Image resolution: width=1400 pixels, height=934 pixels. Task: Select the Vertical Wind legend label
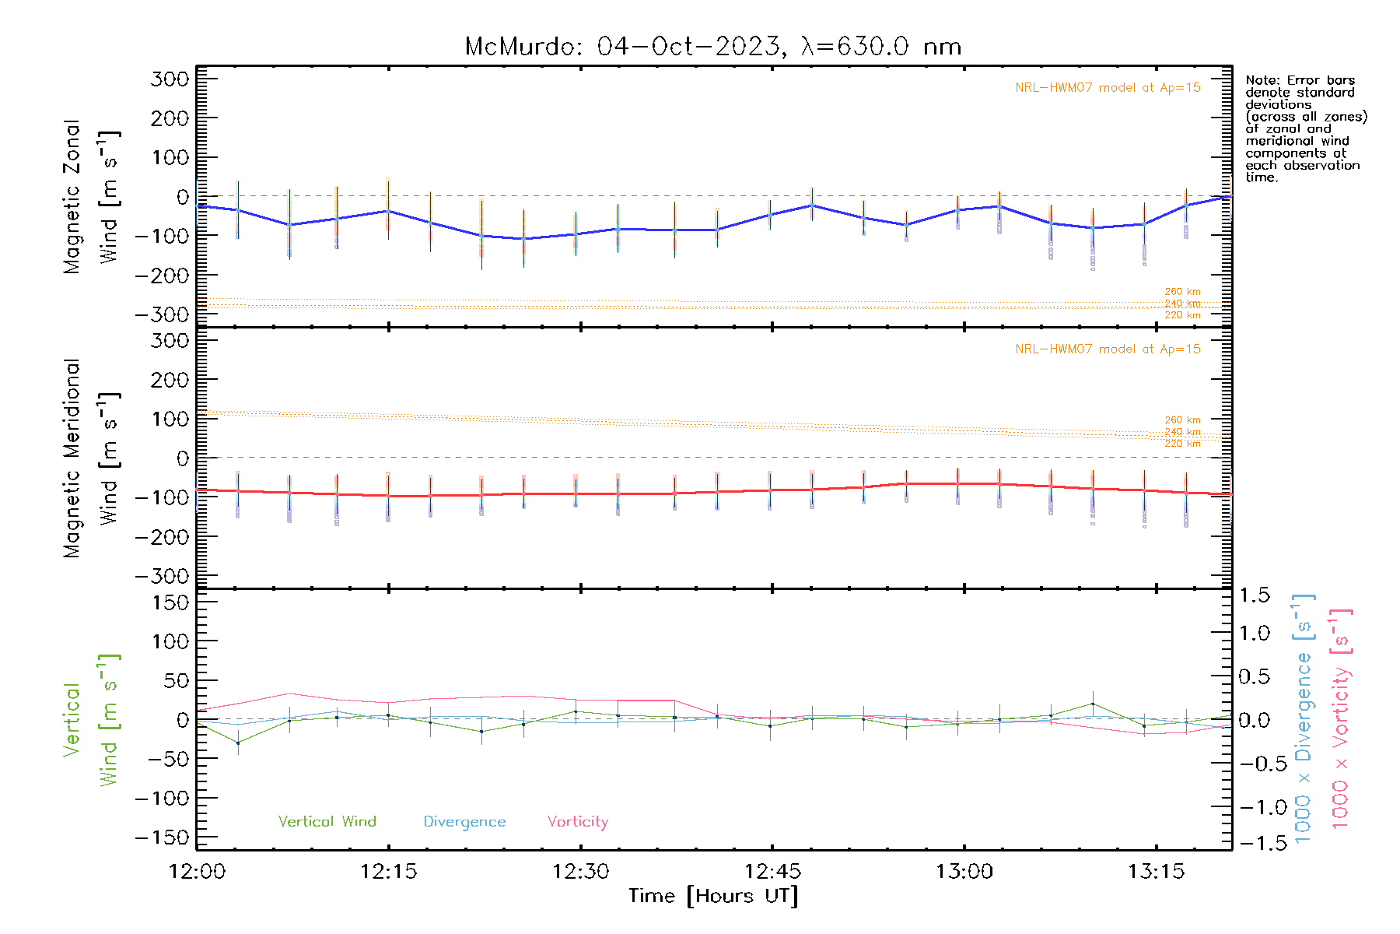[327, 821]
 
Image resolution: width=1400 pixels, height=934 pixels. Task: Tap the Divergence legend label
[464, 821]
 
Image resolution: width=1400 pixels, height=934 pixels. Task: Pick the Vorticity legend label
[577, 821]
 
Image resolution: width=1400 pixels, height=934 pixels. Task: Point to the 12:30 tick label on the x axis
[580, 871]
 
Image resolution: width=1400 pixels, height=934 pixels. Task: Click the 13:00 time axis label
[964, 871]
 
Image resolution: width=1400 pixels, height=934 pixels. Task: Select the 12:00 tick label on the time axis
[197, 871]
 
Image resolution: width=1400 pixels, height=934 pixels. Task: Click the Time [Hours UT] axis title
[713, 896]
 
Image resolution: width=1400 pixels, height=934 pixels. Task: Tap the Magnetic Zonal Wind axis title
[91, 196]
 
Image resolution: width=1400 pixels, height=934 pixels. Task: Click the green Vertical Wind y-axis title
[91, 720]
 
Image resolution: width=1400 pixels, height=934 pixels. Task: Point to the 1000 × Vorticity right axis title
[1341, 719]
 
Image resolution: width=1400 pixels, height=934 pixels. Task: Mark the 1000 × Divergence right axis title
[1304, 719]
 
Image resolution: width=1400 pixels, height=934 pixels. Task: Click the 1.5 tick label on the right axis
[1255, 595]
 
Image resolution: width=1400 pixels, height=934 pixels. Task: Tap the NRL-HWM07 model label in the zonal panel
[1108, 87]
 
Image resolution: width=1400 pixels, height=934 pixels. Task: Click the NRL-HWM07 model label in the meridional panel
[1108, 349]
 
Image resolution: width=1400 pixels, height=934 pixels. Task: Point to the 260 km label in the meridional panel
[1182, 420]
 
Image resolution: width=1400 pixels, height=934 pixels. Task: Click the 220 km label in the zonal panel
[1182, 315]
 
